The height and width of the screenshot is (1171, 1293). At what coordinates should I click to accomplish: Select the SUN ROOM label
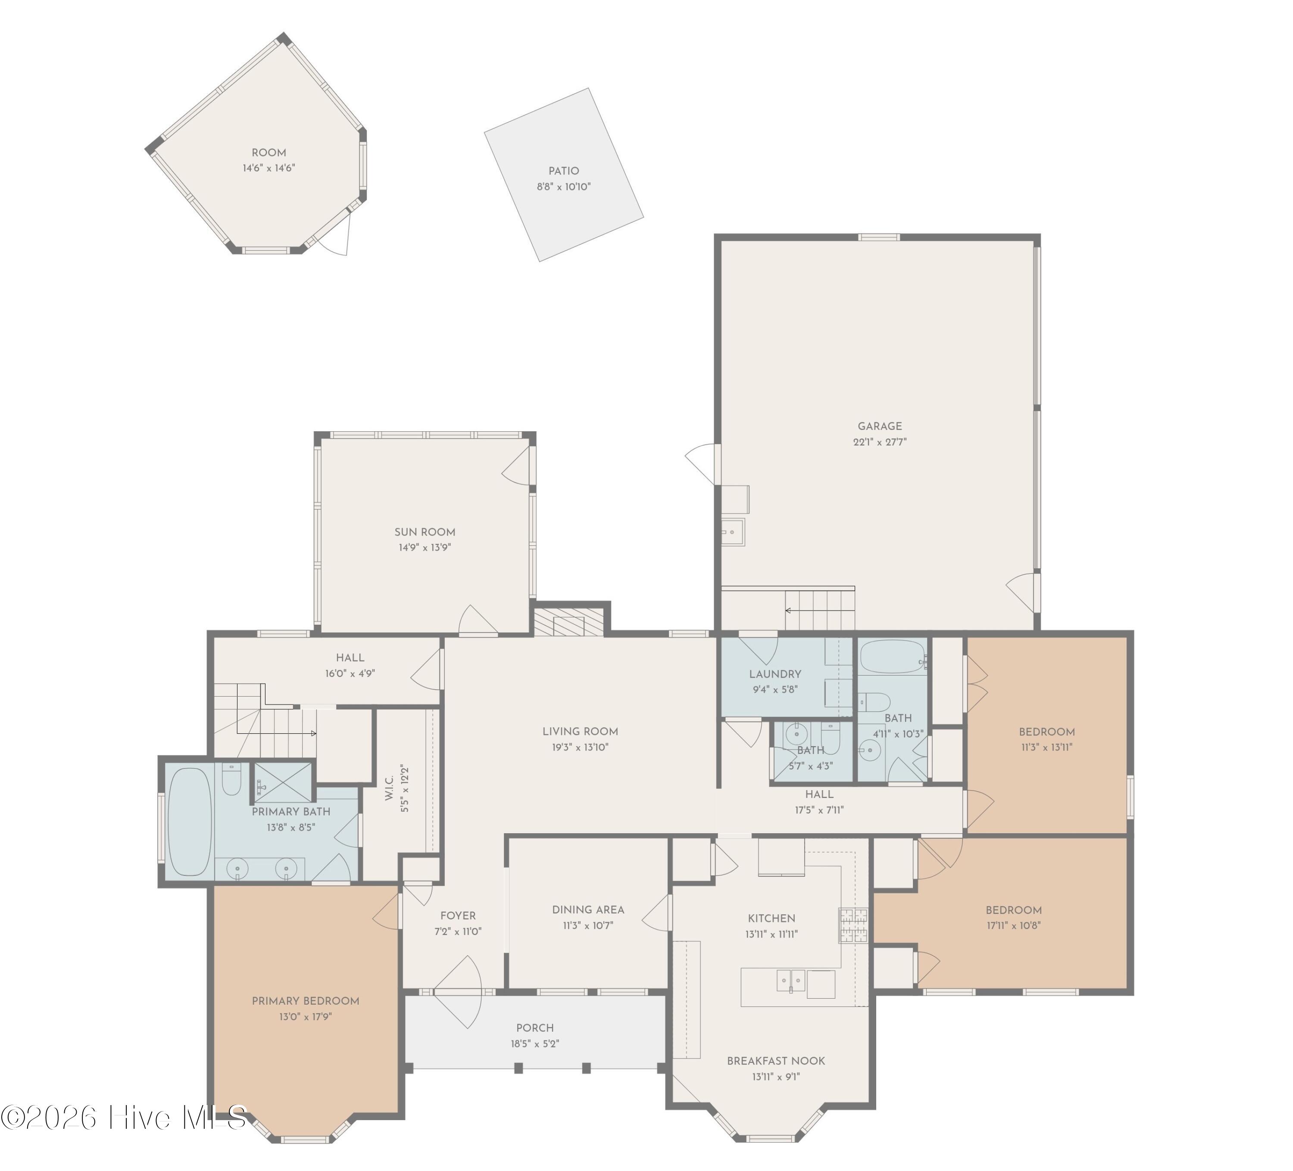(x=425, y=532)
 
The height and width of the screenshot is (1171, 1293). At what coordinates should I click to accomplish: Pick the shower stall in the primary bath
(x=283, y=782)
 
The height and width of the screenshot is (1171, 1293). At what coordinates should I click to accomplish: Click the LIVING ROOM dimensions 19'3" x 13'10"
(x=580, y=747)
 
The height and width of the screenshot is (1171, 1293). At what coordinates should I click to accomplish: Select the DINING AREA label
(x=588, y=910)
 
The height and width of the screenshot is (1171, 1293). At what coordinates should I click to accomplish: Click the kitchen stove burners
(x=853, y=925)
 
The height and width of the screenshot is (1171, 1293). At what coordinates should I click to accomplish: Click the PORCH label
(x=535, y=1028)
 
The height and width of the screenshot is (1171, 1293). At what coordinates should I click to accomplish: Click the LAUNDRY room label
(x=775, y=674)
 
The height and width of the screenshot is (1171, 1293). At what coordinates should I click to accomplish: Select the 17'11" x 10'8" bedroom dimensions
(x=1013, y=925)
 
